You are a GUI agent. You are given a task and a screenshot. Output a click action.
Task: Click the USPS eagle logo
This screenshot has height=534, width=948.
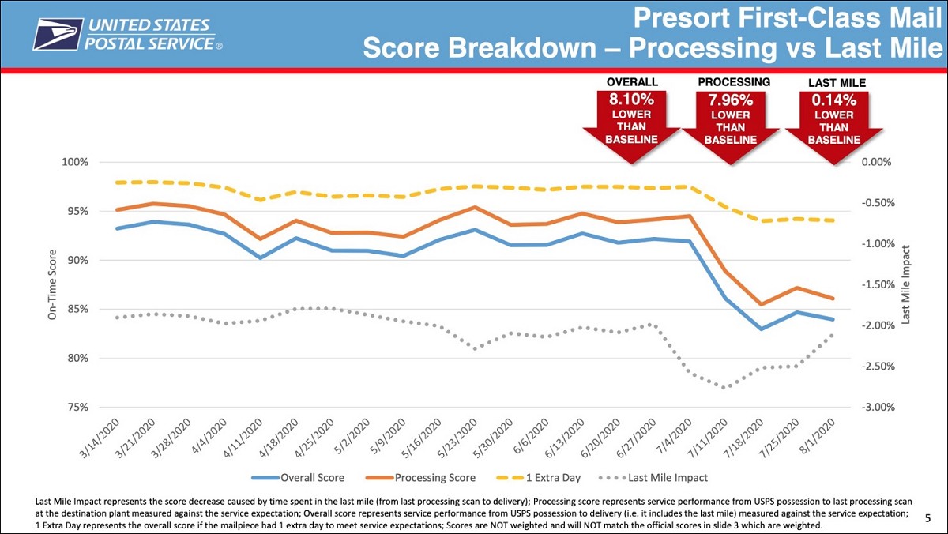point(58,34)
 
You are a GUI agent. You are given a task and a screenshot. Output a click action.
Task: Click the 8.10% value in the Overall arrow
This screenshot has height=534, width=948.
point(631,100)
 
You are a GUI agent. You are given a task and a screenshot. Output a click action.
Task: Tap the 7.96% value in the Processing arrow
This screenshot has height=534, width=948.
point(731,100)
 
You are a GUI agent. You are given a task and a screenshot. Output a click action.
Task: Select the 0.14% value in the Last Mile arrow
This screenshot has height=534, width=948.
point(834,100)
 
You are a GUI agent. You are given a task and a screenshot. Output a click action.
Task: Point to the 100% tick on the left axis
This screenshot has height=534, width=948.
point(76,162)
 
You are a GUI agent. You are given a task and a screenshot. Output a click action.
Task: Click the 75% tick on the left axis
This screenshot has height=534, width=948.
point(78,407)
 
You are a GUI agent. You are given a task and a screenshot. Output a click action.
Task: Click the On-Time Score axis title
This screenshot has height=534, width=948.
point(52,284)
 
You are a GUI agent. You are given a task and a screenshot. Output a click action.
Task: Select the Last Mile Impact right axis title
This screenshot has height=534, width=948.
point(907,284)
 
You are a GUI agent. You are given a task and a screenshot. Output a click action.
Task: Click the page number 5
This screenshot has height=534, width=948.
point(927,518)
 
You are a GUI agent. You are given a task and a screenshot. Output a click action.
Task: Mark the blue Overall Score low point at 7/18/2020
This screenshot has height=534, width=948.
point(762,329)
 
